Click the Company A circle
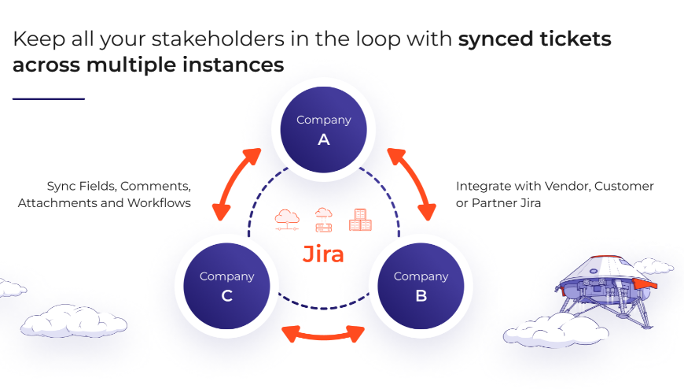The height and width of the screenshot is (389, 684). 323,129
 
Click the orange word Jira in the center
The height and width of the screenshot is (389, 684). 323,254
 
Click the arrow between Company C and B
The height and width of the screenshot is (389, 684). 323,332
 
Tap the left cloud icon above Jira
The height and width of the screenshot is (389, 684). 287,219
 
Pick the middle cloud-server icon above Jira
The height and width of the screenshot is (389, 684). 323,219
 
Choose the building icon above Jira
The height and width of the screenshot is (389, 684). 360,219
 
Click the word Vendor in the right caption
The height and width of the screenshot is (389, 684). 565,187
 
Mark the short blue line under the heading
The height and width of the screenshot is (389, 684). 48,99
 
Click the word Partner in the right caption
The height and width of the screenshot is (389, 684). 492,203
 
